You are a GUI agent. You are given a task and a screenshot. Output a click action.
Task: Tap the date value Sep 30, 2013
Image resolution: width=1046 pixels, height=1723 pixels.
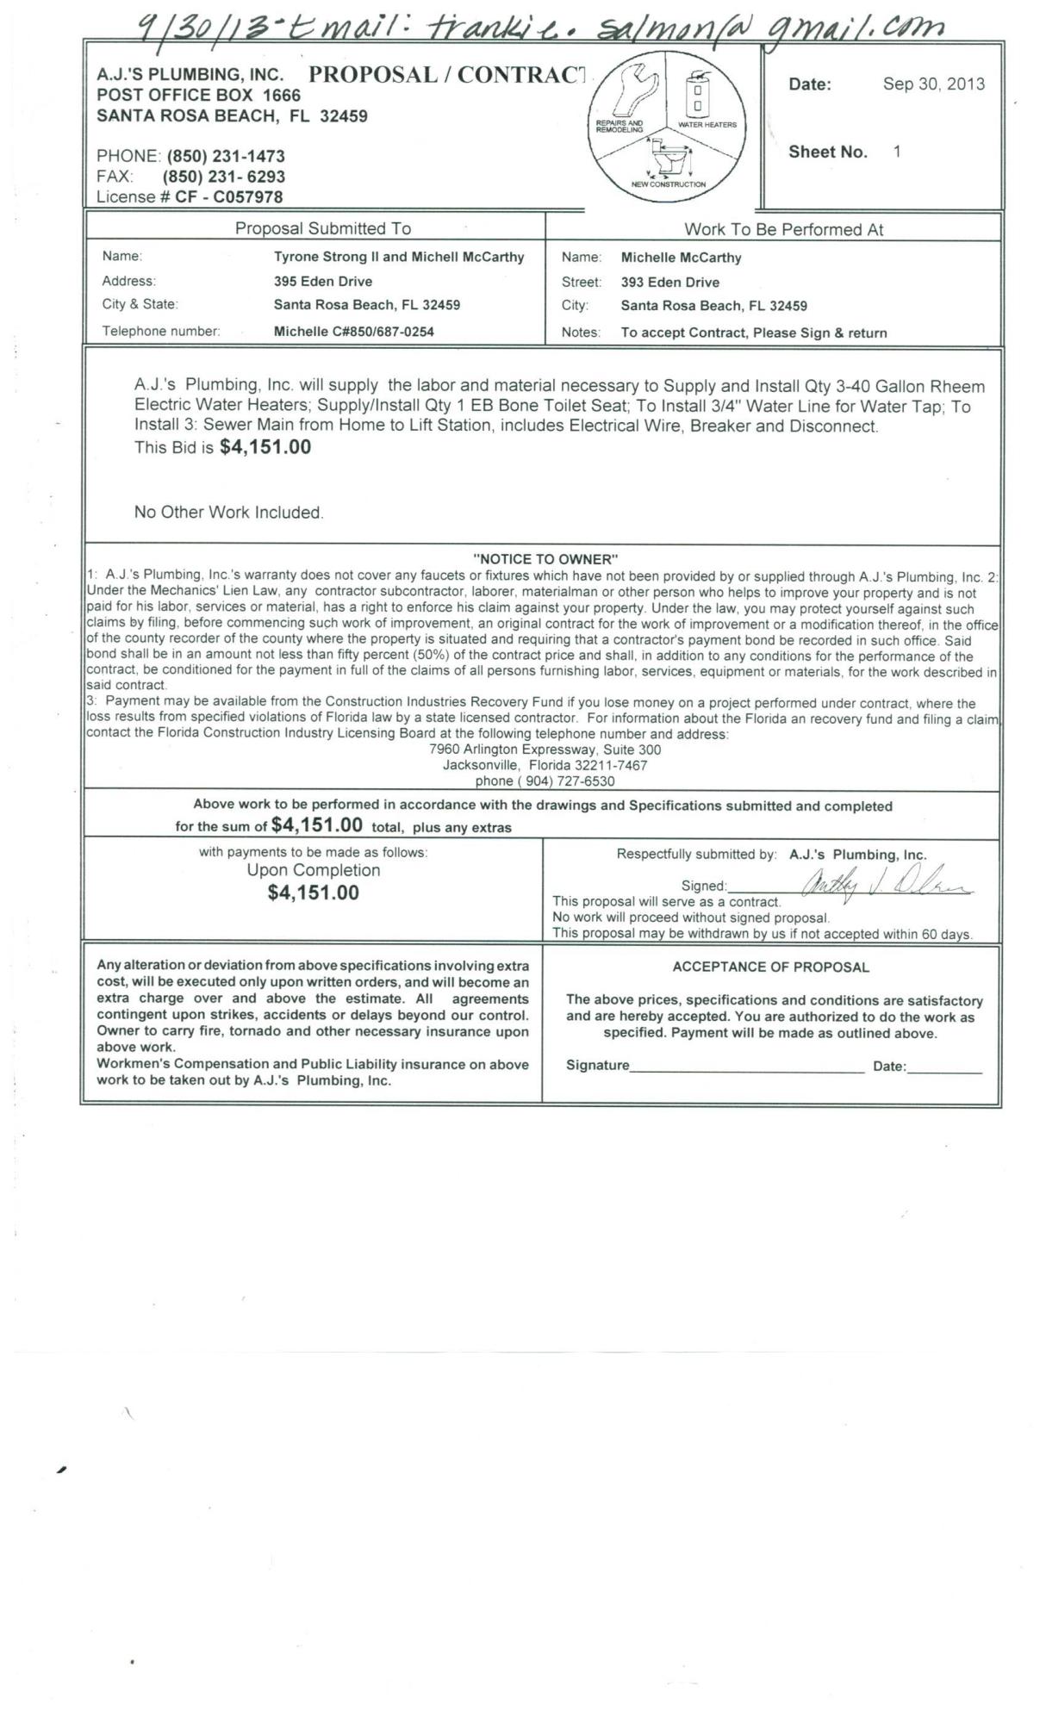(933, 84)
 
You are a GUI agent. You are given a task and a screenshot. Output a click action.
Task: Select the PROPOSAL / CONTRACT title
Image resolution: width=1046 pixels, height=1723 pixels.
(447, 74)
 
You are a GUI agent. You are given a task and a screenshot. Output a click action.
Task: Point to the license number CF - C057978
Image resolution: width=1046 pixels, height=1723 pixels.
(228, 196)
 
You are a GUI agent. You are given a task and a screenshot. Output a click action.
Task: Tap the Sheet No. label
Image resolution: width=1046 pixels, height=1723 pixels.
(827, 152)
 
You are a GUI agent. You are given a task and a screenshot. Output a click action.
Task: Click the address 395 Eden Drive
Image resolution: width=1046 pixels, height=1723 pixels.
(323, 281)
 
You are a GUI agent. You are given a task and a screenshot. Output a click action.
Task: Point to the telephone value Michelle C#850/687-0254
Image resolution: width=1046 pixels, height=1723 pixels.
(353, 331)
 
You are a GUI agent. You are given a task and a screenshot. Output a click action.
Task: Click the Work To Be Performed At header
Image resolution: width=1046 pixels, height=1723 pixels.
(783, 229)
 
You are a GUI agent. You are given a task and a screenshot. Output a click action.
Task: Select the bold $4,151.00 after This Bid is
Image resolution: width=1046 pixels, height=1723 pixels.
(265, 447)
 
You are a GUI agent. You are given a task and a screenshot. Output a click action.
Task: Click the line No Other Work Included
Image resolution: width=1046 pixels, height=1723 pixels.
(228, 513)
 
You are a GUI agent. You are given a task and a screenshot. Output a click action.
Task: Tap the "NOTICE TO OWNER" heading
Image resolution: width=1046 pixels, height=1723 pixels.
(545, 559)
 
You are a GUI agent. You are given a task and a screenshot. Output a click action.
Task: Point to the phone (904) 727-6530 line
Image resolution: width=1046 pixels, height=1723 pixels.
(545, 781)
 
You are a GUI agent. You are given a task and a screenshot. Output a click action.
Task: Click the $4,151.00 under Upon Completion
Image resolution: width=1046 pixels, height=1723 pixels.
(313, 893)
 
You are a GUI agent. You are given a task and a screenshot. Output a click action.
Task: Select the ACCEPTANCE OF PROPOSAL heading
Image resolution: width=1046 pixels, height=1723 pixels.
(770, 967)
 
